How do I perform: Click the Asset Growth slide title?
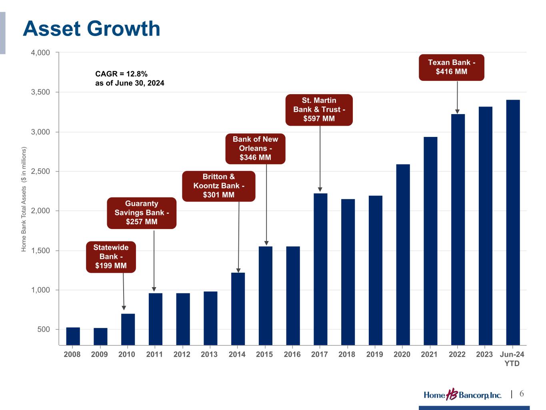coord(92,29)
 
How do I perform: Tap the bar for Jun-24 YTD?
coord(513,222)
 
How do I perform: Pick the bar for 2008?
coord(73,336)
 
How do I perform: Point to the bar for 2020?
coord(403,255)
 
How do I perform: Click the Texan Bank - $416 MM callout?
coord(451,67)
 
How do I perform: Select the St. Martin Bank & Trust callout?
coord(319,110)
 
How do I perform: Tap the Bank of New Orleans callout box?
coord(255,149)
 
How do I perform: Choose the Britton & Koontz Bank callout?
coord(218,186)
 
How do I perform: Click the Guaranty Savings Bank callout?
coord(142,213)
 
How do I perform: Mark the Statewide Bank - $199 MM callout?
coord(111,257)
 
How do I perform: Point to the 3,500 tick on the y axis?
coord(41,92)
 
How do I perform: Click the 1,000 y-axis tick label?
coord(41,290)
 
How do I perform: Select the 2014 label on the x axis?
coord(237,354)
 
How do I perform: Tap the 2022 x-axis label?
coord(457,354)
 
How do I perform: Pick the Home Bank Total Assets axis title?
coord(24,199)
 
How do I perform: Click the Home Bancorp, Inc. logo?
coord(462,395)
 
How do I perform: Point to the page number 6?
coord(522,394)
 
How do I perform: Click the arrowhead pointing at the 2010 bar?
coord(124,308)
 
